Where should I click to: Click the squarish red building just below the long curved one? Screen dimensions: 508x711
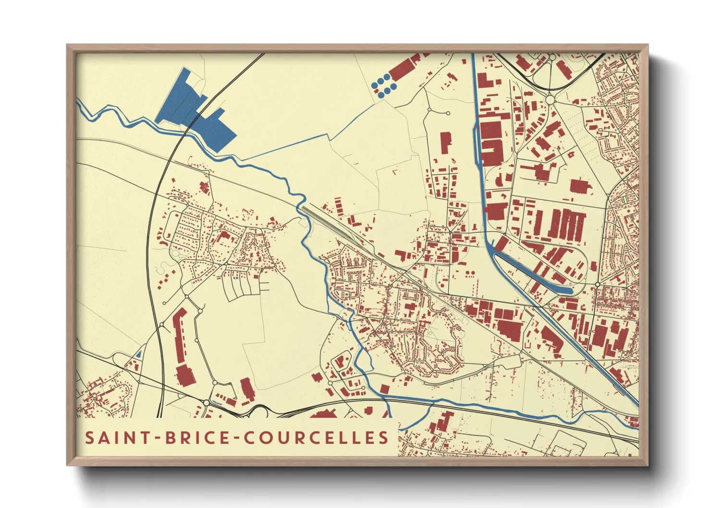(185, 375)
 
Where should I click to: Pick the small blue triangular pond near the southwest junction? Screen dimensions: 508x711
(139, 354)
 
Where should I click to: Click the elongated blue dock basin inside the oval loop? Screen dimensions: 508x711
(533, 274)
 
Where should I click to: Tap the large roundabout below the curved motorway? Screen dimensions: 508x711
(551, 100)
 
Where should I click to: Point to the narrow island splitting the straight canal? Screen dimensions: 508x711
(478, 144)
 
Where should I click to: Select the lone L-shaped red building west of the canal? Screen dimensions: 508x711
(445, 142)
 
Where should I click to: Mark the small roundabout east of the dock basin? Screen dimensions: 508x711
(597, 284)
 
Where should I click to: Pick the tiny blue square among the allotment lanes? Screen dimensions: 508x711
(237, 278)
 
